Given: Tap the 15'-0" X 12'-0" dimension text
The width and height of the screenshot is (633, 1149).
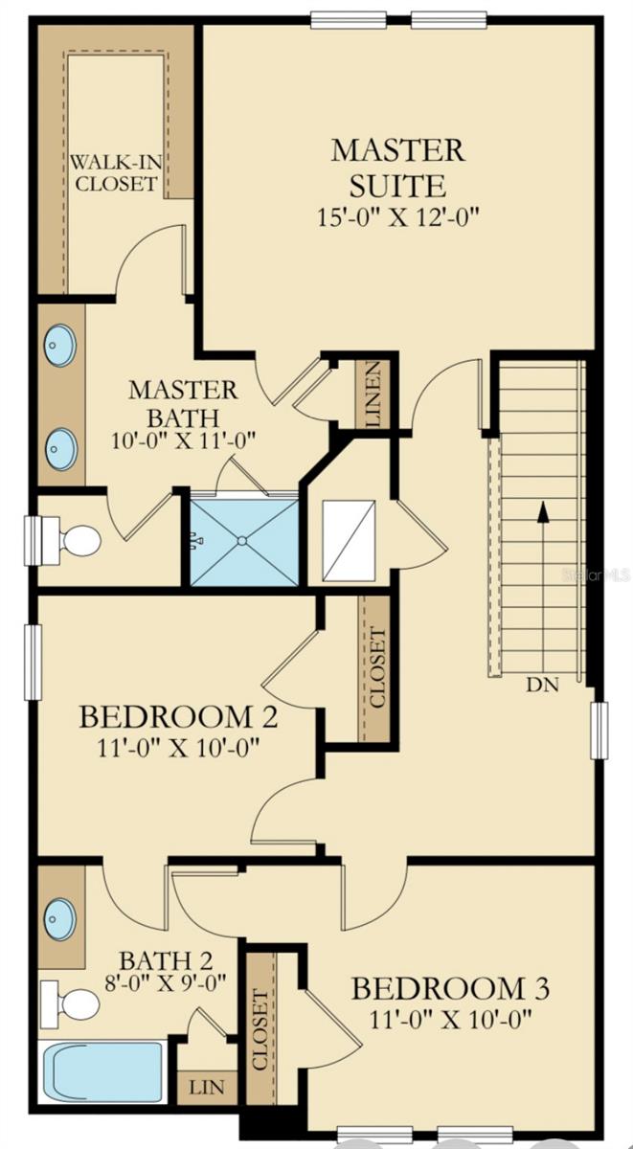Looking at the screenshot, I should tap(397, 217).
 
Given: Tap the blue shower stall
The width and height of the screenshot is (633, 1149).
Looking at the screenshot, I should tap(244, 541).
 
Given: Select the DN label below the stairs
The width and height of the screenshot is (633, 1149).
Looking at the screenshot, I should tap(543, 685).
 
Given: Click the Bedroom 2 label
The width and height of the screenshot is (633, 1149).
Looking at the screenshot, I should tap(178, 716).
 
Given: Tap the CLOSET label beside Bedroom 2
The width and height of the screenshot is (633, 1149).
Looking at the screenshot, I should tap(376, 668).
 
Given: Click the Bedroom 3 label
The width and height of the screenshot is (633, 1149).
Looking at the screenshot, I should tap(449, 987).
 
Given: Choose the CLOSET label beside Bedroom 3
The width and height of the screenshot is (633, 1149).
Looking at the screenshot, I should tap(260, 1029).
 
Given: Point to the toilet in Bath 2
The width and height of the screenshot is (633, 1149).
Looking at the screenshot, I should tap(75, 1005).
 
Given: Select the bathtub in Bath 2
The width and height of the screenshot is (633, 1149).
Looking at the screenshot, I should tap(105, 1071).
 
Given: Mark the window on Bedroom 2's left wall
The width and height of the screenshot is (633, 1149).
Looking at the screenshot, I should tap(33, 661).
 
